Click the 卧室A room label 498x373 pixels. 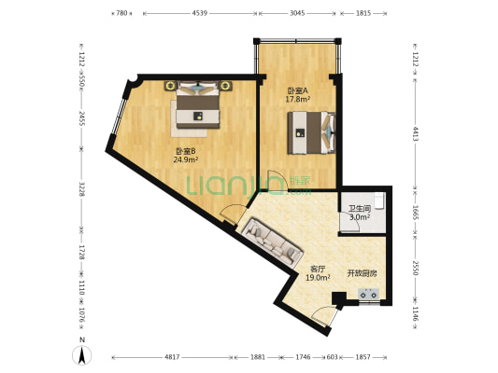[297, 90]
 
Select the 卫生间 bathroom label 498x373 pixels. [360, 209]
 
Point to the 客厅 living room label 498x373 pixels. [318, 269]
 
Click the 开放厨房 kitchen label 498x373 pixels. [362, 273]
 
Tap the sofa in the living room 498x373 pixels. [272, 242]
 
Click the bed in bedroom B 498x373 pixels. [198, 104]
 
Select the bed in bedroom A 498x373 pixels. [311, 132]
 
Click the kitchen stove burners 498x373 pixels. [369, 294]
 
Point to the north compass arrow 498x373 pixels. [82, 355]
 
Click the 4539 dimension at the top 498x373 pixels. [199, 13]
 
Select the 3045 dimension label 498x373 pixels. [297, 13]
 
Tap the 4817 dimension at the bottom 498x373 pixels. [172, 357]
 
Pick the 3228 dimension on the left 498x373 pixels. [82, 189]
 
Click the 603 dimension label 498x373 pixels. [333, 357]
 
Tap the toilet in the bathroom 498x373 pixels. [379, 200]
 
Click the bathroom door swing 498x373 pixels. [349, 222]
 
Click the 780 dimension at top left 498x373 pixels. [121, 13]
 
